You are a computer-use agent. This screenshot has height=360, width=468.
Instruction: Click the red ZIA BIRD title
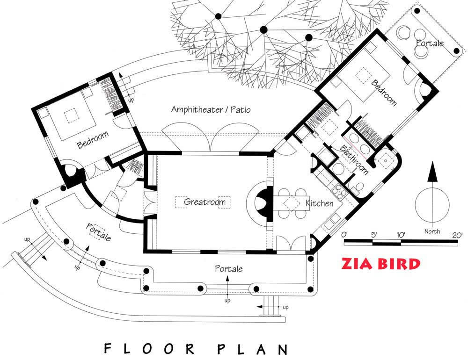tap(381, 264)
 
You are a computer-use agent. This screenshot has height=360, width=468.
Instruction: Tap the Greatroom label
tap(205, 202)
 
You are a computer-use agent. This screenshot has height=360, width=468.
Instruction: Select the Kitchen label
tap(319, 203)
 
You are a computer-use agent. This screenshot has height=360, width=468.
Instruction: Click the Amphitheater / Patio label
tap(211, 109)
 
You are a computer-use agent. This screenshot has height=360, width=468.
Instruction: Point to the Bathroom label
tap(354, 160)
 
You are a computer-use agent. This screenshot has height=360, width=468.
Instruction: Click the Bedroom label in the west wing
tap(93, 140)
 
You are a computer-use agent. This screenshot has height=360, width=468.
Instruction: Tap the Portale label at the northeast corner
tap(430, 43)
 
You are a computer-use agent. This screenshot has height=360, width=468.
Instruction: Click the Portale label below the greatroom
tap(229, 269)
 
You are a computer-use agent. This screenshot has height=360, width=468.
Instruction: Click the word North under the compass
tap(432, 231)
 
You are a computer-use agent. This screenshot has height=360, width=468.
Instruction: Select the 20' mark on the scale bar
tap(457, 235)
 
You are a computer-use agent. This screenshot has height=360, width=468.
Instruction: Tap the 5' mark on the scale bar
tap(374, 235)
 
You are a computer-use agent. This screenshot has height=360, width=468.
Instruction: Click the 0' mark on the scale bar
tap(344, 235)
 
